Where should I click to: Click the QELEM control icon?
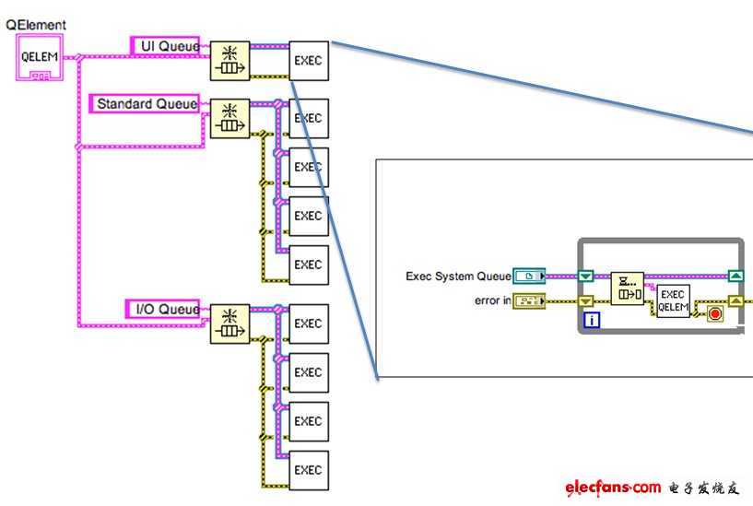[x=40, y=57]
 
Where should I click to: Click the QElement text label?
[x=36, y=25]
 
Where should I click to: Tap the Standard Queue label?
[x=147, y=104]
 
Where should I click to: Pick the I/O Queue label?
[x=163, y=309]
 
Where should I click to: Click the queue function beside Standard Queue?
[x=229, y=119]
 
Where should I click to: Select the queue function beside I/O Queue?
[x=229, y=324]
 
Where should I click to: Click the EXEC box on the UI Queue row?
[x=308, y=60]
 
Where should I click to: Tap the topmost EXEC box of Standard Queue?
[x=308, y=119]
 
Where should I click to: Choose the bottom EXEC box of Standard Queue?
[x=308, y=265]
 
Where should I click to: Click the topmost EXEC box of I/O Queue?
[x=308, y=324]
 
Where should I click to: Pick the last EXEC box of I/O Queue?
[x=308, y=470]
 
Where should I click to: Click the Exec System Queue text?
[x=458, y=276]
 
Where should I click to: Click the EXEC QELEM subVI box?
[x=672, y=300]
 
